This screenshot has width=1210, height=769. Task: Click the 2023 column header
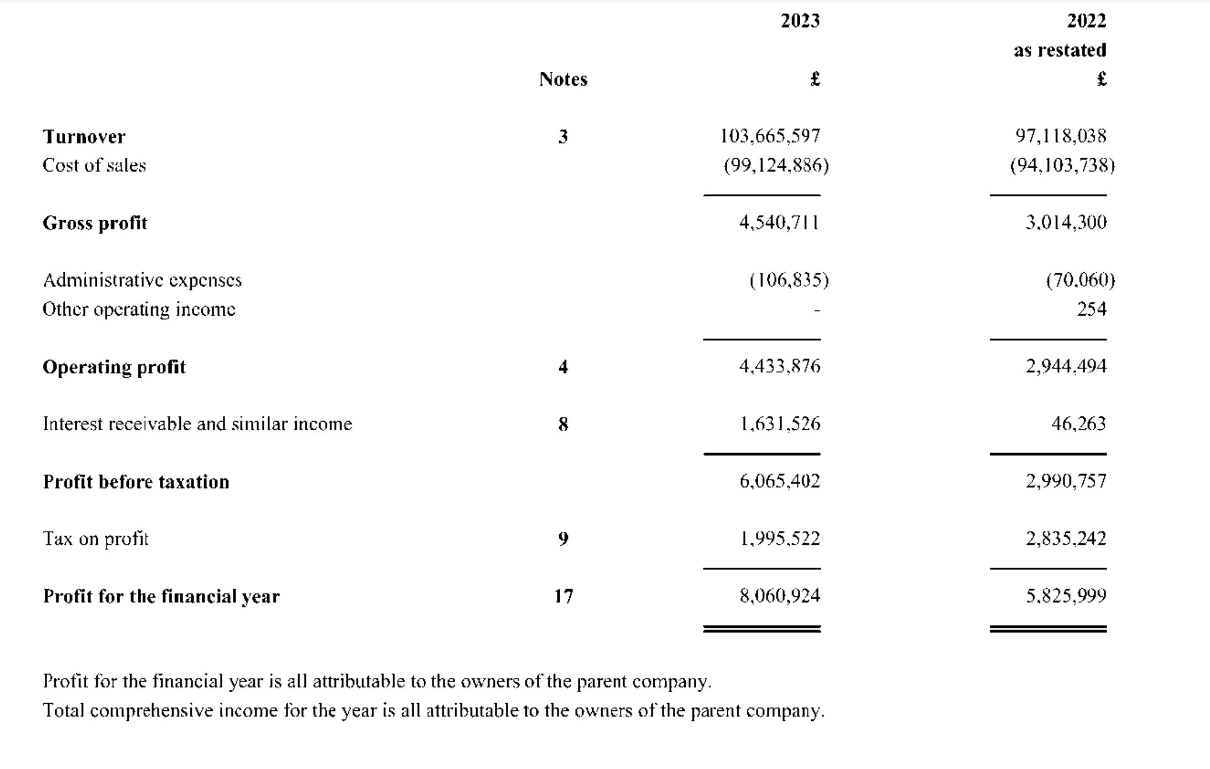(800, 21)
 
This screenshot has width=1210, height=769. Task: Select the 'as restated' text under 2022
(1060, 50)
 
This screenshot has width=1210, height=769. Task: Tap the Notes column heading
(563, 80)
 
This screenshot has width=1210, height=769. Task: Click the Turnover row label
(84, 137)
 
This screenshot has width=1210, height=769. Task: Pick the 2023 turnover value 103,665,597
(770, 136)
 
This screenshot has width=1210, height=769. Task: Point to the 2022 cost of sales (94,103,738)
(1062, 165)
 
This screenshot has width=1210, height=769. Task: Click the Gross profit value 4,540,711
(779, 222)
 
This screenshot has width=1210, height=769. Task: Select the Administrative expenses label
(142, 280)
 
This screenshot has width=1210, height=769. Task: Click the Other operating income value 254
(1091, 309)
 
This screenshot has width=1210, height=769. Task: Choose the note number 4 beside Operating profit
(563, 367)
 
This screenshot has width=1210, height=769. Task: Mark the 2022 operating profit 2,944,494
(1066, 366)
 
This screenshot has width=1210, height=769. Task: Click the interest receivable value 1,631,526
(780, 424)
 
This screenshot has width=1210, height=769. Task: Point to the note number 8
(563, 424)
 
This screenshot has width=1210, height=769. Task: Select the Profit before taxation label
(136, 482)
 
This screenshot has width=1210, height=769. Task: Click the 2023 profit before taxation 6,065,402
(779, 481)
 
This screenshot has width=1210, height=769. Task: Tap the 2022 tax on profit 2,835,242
(1066, 539)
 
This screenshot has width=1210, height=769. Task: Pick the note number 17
(564, 596)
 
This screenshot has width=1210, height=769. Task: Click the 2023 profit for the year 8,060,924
(779, 596)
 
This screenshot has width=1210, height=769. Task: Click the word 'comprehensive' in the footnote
(151, 710)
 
